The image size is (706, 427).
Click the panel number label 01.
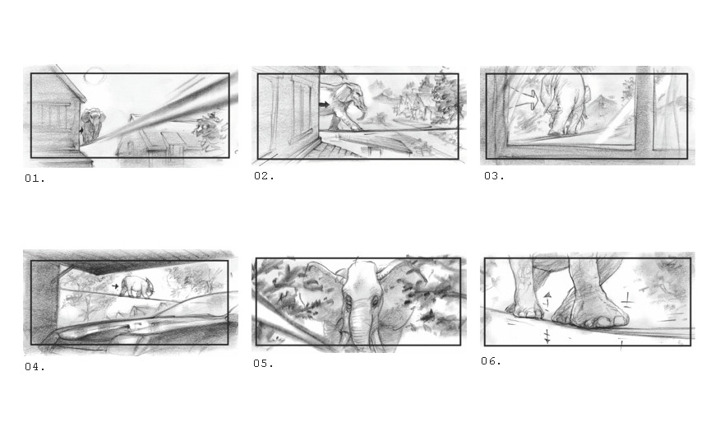coord(35,179)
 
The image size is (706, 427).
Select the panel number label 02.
coord(264,176)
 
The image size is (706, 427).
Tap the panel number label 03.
coord(494,176)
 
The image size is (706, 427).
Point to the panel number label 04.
coord(35,367)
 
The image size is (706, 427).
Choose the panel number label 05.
coord(263,364)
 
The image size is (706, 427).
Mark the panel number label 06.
coord(491,360)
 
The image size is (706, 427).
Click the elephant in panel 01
coord(93,124)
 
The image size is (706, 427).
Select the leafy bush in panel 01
coord(208,130)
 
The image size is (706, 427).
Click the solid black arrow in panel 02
coord(324,104)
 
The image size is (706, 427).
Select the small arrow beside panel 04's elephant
coord(115,285)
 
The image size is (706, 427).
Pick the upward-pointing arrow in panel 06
coord(547,299)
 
